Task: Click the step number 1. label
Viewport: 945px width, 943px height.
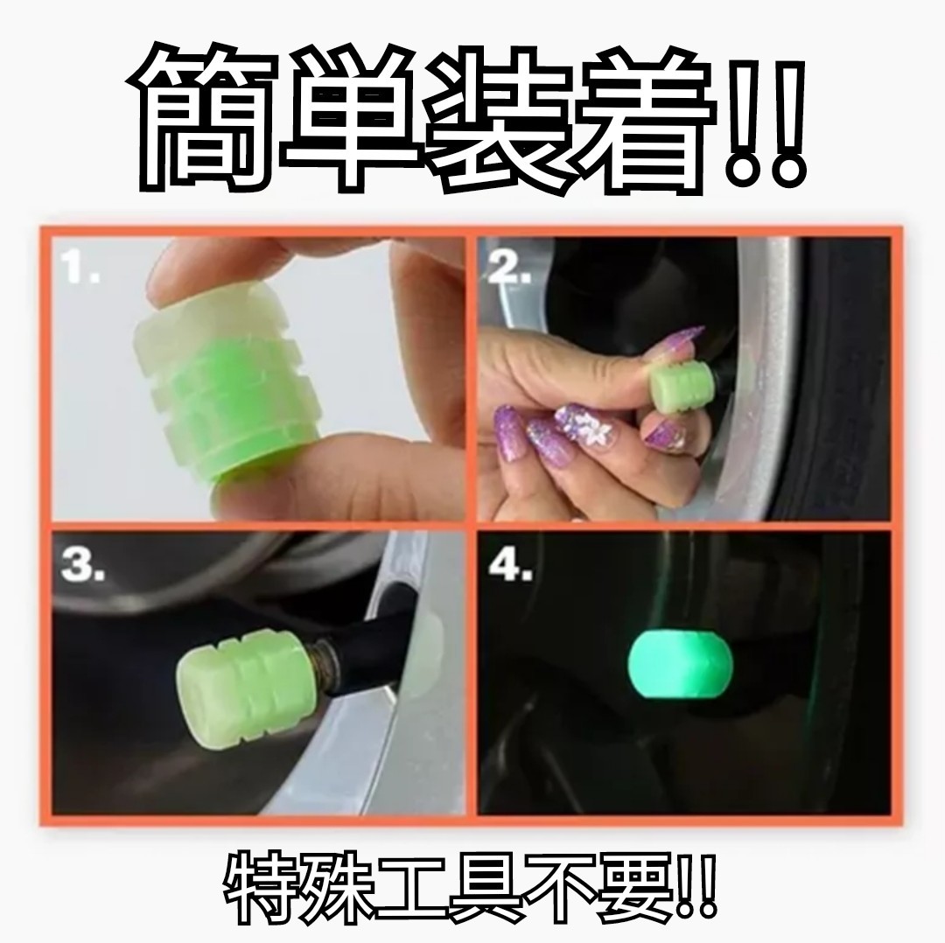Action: (x=80, y=267)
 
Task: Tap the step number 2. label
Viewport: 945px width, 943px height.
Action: (x=509, y=267)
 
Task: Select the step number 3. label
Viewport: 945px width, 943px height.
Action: (x=83, y=566)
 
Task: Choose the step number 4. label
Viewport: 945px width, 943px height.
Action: (x=510, y=566)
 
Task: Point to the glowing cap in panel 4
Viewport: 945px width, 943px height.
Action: (x=681, y=663)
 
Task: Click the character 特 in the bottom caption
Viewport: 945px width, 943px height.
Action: (x=263, y=887)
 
